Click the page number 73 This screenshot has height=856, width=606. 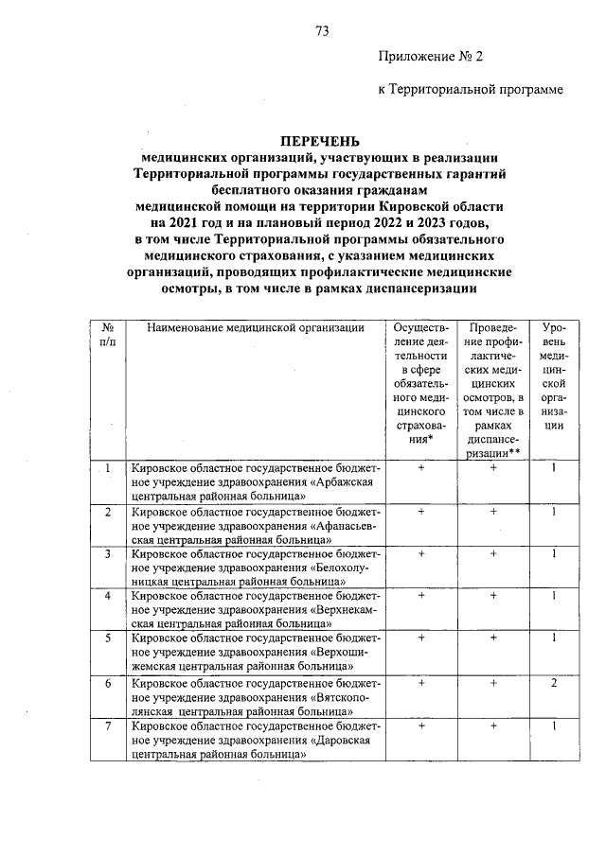(x=321, y=31)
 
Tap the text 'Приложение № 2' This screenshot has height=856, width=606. (x=430, y=57)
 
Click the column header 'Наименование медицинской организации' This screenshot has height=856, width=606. (x=256, y=327)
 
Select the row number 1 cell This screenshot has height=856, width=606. (x=108, y=467)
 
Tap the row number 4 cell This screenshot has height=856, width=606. (x=108, y=596)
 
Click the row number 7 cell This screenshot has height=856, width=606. (x=108, y=725)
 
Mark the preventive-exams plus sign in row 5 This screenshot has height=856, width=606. (x=493, y=639)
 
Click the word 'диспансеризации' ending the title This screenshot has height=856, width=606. (x=415, y=288)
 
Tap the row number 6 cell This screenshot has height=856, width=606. (x=108, y=683)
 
